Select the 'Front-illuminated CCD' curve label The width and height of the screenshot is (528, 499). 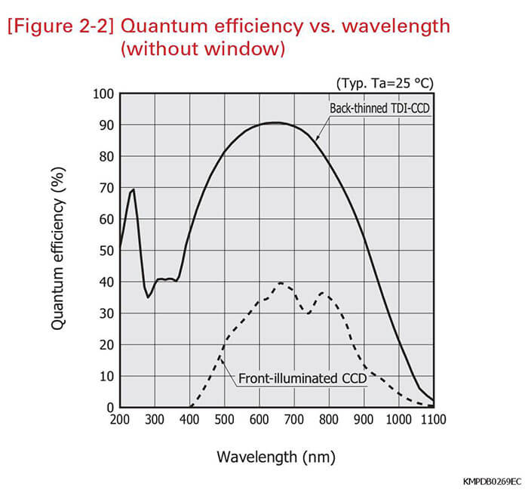[300, 377]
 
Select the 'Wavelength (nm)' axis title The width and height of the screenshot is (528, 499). [276, 457]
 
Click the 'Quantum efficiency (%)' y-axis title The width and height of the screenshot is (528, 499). [58, 251]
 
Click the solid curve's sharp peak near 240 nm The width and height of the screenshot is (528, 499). [134, 189]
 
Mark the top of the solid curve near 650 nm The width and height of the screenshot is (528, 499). [277, 122]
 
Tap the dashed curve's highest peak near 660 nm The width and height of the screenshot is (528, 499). [281, 283]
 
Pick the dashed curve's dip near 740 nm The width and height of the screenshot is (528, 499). [308, 313]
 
